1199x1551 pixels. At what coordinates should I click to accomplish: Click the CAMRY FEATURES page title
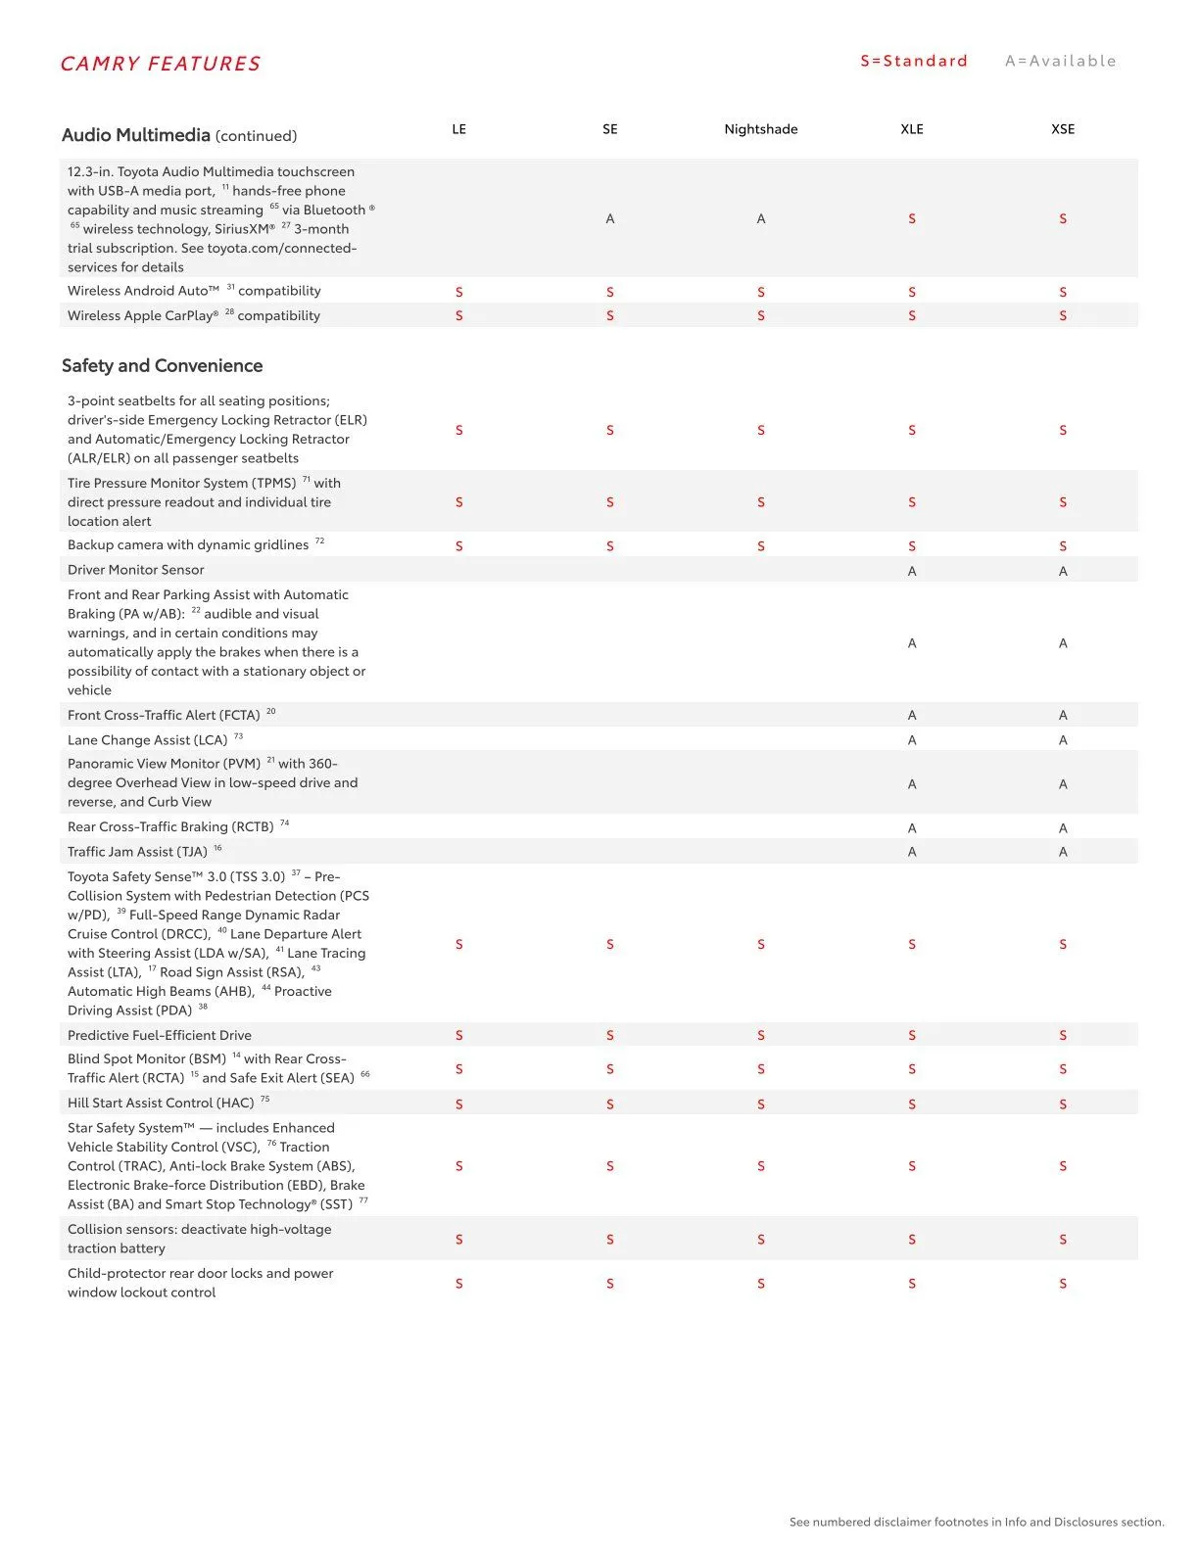pos(161,65)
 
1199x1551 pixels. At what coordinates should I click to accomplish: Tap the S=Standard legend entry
pos(913,61)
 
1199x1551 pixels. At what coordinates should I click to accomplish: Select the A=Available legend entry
pos(1060,61)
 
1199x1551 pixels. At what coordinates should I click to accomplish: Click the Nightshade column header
pos(760,129)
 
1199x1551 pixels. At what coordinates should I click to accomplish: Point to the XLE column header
pos(911,129)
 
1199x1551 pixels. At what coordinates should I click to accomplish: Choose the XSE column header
pos(1062,129)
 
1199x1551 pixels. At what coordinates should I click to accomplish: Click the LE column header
pos(458,129)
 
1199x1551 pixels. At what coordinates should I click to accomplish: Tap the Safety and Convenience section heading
pos(162,366)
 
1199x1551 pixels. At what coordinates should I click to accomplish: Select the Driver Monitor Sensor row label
pos(136,570)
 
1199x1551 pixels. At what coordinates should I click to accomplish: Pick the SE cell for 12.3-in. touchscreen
pos(609,219)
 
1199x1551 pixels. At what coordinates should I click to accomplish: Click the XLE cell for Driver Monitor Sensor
pos(911,571)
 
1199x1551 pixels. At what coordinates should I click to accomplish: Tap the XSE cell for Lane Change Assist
pos(1062,740)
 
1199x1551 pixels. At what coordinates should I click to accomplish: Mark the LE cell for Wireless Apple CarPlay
pos(458,316)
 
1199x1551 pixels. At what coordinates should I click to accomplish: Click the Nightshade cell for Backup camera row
pos(760,546)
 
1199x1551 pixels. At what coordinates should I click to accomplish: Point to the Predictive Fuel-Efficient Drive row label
pos(160,1035)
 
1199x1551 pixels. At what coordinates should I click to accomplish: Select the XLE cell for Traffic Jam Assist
pos(911,852)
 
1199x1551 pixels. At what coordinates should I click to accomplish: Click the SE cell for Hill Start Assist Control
pos(609,1104)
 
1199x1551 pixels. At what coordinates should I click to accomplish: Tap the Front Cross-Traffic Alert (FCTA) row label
pos(164,716)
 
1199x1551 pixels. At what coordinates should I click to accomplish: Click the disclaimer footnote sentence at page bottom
pos(976,1522)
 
